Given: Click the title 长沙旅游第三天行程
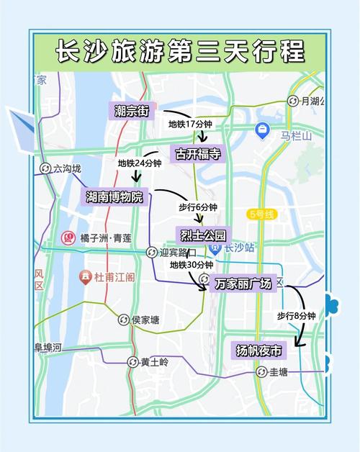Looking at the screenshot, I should [180, 52].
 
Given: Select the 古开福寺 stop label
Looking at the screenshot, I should [195, 153].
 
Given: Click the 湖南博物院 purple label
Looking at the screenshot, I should [114, 196].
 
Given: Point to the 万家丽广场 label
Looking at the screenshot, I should [243, 284].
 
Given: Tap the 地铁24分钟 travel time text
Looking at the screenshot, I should [140, 164].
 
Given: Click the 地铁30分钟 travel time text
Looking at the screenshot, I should [191, 264].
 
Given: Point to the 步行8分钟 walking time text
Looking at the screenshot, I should [297, 315].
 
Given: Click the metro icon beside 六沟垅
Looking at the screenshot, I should [45, 168].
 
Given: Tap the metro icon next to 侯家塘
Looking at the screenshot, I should [123, 320].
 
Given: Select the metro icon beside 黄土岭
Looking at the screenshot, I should [132, 362].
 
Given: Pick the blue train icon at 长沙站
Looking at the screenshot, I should [215, 248].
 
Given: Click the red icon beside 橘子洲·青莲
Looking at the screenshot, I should [69, 237].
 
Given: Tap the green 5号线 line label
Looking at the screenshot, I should [261, 214].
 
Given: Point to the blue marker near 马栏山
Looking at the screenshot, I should [262, 130].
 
